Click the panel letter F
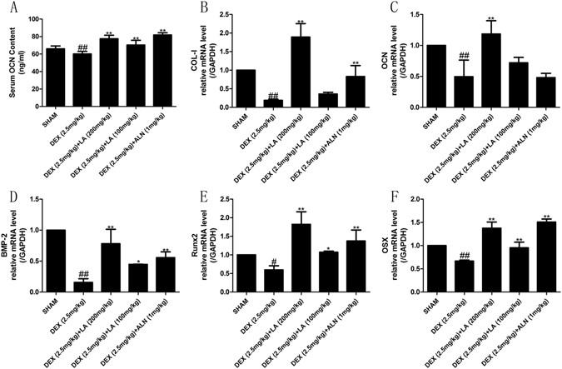point(384,197)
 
